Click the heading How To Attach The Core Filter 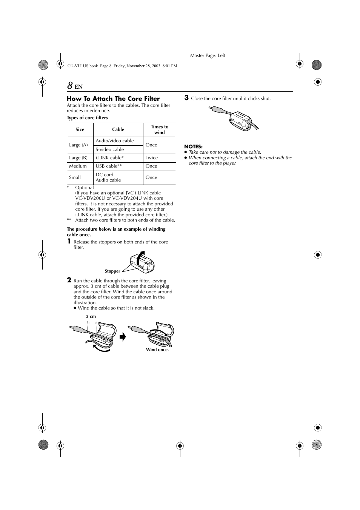coord(113,99)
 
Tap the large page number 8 coord(70,86)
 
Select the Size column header coord(80,129)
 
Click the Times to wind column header coord(159,129)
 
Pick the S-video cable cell coord(109,149)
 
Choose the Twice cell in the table coord(152,158)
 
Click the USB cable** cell coord(109,166)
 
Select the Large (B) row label coord(78,158)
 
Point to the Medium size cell coord(78,166)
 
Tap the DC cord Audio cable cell coord(108,177)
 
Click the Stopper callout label coord(112,271)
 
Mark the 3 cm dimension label coord(91,316)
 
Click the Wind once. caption coord(157,350)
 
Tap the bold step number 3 coord(186,98)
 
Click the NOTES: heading coord(193,146)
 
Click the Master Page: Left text coord(208,55)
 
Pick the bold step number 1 coord(69,241)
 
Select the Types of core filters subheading coord(87,118)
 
